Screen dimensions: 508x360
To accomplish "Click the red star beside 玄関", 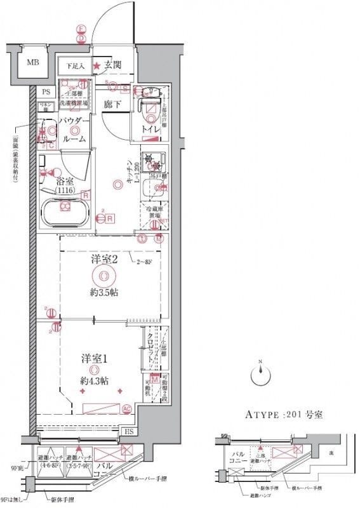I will click(97, 65).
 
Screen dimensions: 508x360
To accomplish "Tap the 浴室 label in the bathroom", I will click(63, 180).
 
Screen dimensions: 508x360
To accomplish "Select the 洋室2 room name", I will click(103, 260).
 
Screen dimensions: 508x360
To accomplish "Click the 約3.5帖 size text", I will click(103, 293).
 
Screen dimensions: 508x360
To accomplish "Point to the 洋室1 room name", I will click(93, 358).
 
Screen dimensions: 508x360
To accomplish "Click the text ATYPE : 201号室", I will click(284, 415).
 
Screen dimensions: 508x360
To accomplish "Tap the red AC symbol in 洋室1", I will click(126, 408).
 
